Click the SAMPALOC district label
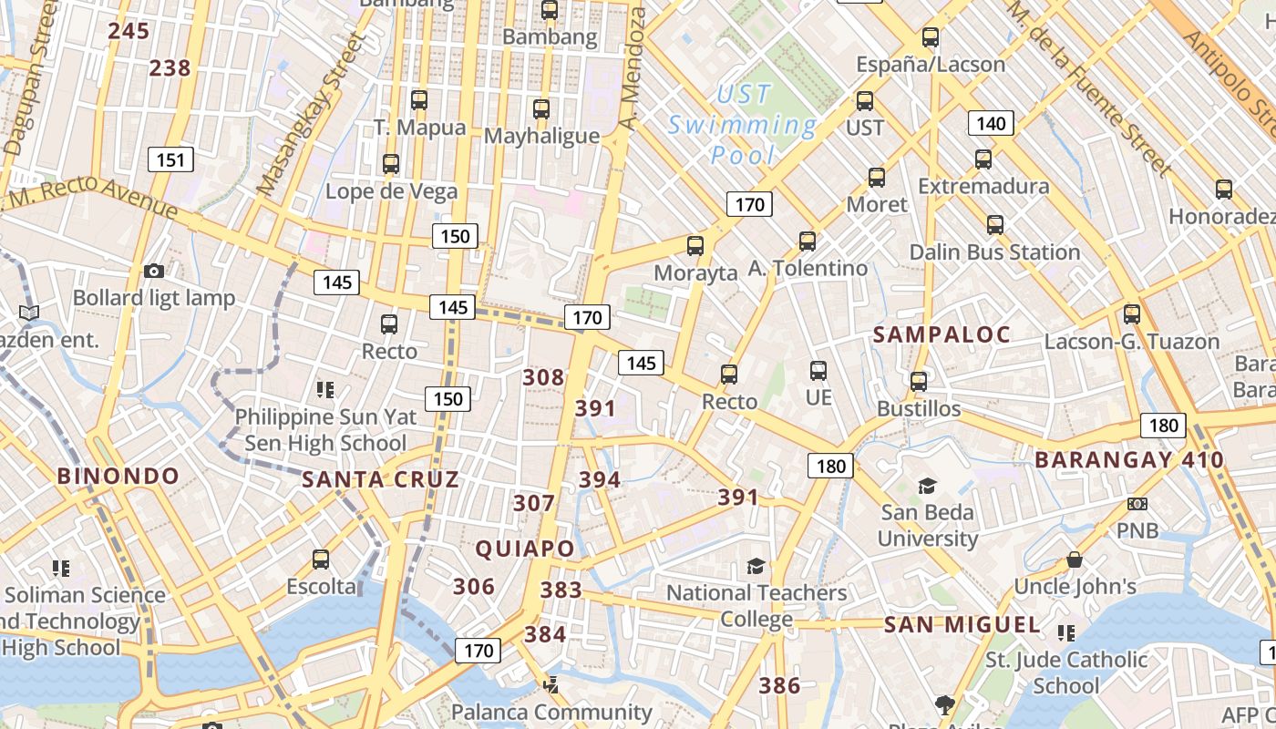tap(942, 334)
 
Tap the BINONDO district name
tap(118, 476)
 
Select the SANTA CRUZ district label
tap(380, 479)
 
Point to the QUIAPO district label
tap(525, 549)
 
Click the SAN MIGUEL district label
tap(962, 625)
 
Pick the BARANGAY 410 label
tap(1129, 459)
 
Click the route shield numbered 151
tap(170, 161)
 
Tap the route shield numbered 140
tap(991, 124)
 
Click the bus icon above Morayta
tap(695, 245)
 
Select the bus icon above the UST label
tap(864, 101)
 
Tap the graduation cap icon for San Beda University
tap(927, 486)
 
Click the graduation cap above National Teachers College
tap(756, 567)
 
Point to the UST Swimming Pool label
tap(743, 124)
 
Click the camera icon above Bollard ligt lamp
tap(154, 271)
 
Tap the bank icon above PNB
tap(1137, 504)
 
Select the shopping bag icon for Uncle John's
tap(1075, 560)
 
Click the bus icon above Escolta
tap(321, 560)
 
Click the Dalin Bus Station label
tap(994, 252)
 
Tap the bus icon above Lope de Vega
tap(391, 164)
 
